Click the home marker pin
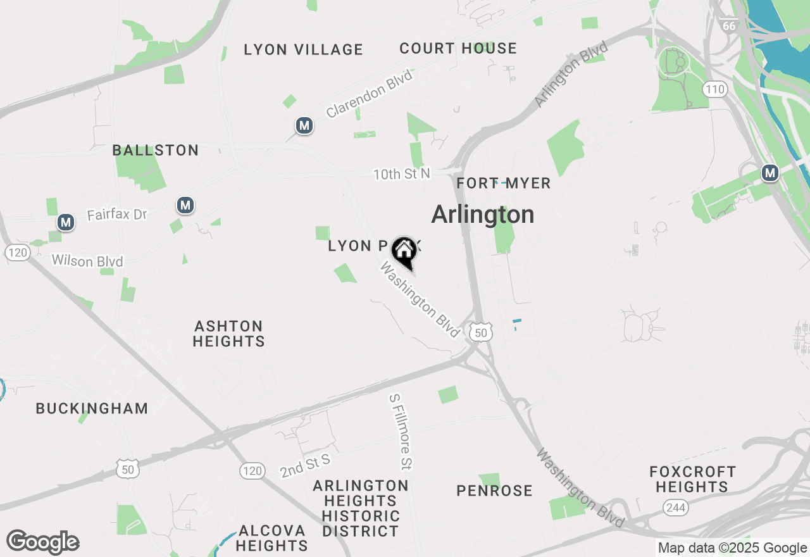pos(404,251)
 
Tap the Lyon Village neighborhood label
pos(303,49)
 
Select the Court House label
pos(458,48)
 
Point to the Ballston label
pos(156,150)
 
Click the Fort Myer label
pos(504,184)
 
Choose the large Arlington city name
pos(483,215)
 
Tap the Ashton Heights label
pos(228,334)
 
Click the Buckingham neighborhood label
pos(92,408)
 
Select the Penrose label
pos(494,491)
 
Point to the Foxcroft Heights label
pos(692,479)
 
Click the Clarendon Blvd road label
pos(369,94)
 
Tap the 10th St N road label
pos(401,173)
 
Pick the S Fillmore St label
pos(401,432)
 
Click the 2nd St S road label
pos(305,465)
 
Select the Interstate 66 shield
pos(728,25)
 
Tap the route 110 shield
pos(715,89)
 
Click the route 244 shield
pos(675,507)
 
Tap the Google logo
pos(42,542)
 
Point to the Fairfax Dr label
pos(116,215)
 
